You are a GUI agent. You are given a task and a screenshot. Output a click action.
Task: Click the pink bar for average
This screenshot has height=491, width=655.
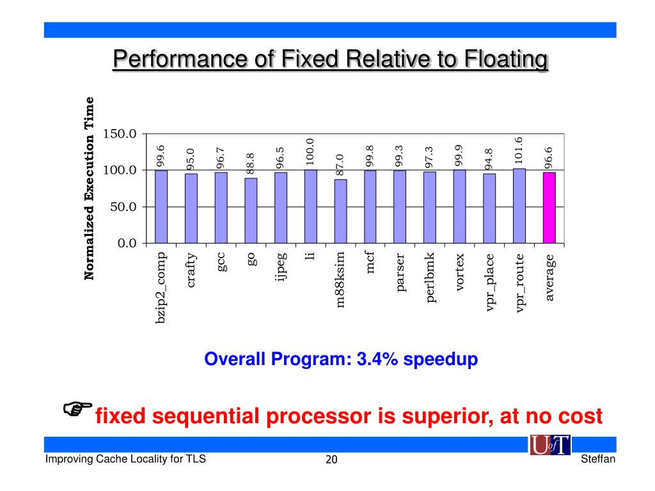(549, 208)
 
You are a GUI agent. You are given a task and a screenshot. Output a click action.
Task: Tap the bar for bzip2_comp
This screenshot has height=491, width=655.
(161, 207)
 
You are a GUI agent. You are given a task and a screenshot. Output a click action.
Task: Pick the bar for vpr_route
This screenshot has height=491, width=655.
(519, 206)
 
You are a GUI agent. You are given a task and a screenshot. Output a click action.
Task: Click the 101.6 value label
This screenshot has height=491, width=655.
(519, 150)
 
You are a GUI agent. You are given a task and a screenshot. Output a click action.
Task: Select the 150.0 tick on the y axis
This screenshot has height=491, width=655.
(122, 134)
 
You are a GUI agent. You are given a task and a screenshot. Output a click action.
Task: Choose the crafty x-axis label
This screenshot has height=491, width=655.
(191, 270)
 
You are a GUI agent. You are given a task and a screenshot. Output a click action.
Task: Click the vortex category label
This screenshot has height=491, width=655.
(460, 273)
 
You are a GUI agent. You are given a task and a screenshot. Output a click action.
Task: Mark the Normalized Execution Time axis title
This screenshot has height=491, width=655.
(90, 188)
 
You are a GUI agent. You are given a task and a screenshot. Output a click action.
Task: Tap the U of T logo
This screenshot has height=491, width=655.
(550, 446)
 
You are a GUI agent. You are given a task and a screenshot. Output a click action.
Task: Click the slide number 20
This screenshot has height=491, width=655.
(331, 460)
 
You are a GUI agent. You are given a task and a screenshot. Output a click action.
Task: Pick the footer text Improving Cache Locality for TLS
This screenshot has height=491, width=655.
(125, 459)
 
